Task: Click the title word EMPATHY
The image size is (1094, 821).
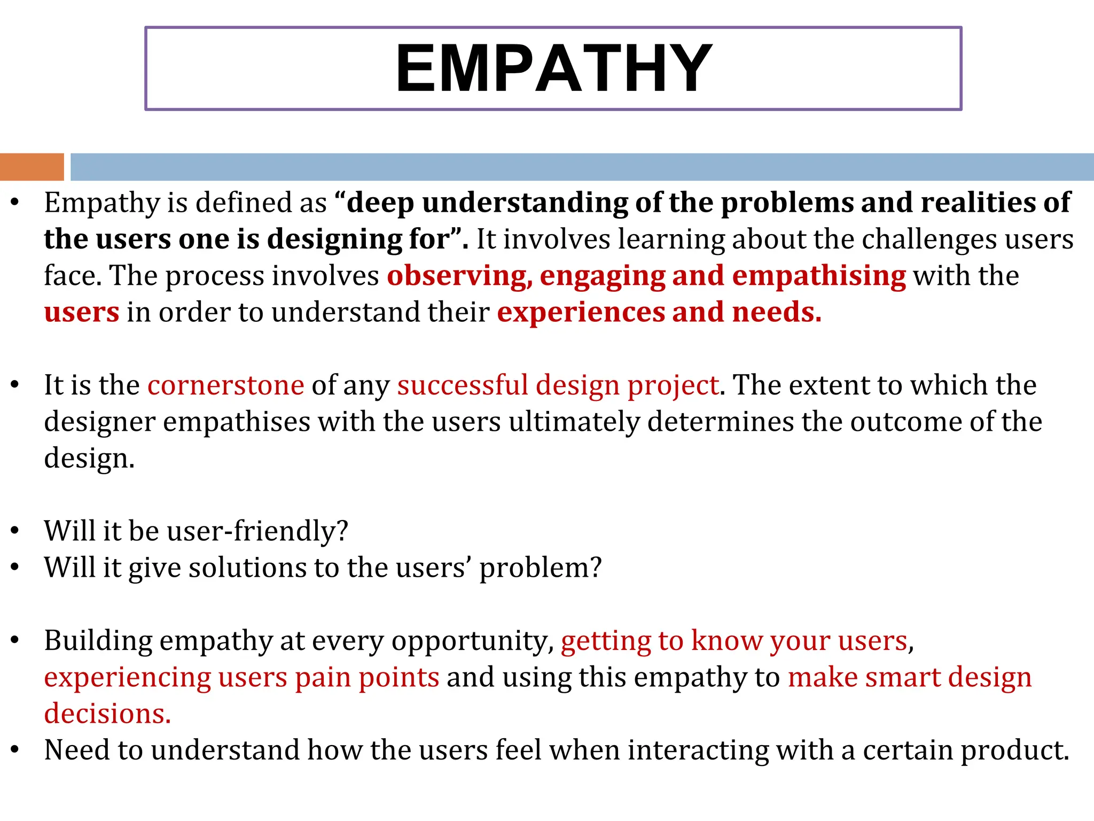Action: [553, 69]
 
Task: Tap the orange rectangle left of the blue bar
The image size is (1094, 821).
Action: [32, 167]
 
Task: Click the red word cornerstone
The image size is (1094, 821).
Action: [225, 385]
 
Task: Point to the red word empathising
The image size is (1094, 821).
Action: [818, 276]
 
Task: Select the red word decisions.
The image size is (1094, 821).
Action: [107, 714]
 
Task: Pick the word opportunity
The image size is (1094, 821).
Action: [472, 641]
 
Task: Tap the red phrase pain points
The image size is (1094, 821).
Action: [367, 678]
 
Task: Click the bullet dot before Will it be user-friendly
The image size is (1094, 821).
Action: [15, 531]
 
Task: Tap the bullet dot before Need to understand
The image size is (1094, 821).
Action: [15, 750]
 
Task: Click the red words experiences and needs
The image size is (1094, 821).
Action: [659, 313]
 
